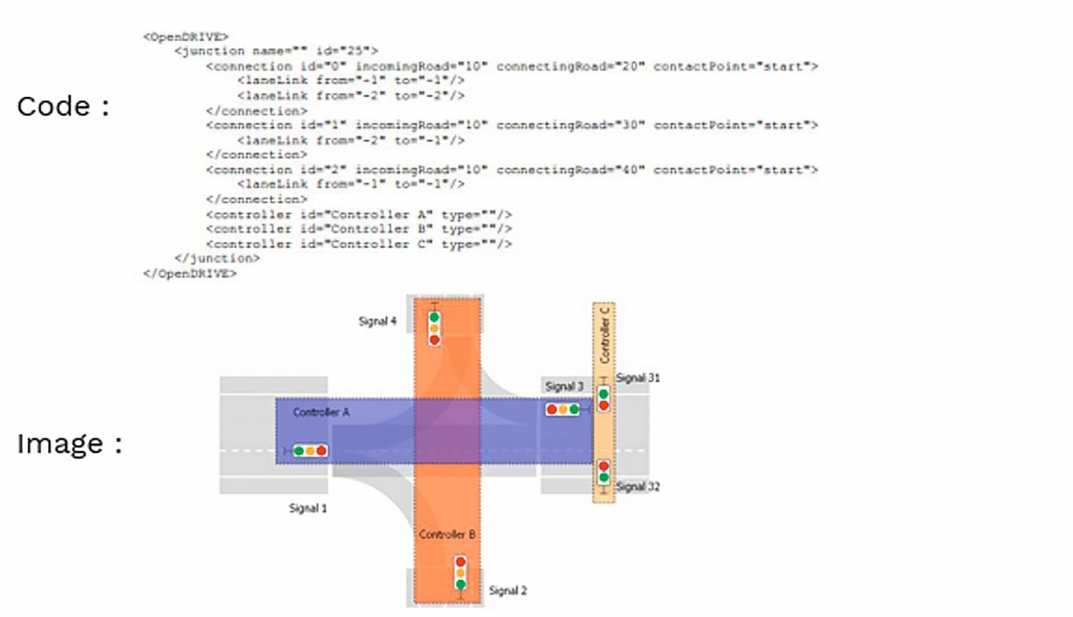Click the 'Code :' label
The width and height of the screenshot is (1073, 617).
[x=64, y=106]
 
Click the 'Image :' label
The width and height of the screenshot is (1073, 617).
[x=70, y=443]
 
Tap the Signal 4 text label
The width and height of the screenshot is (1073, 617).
[x=377, y=321]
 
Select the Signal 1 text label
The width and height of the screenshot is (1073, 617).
[x=308, y=508]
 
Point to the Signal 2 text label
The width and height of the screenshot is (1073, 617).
[x=508, y=590]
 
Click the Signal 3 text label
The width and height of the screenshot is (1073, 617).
[x=564, y=387]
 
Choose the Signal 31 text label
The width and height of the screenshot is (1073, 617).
[x=638, y=377]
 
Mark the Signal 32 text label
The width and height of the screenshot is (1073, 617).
[x=638, y=487]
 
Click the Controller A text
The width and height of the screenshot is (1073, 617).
[x=321, y=412]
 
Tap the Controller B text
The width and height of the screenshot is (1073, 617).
[x=448, y=534]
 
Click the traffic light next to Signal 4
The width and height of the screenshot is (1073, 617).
[x=434, y=328]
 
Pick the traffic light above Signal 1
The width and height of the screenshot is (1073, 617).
[x=310, y=451]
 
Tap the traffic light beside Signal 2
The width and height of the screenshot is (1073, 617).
[x=460, y=574]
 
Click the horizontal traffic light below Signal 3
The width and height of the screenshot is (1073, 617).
[x=563, y=409]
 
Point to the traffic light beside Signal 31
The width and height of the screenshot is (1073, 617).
[x=604, y=399]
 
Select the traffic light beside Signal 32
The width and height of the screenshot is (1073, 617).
[x=604, y=471]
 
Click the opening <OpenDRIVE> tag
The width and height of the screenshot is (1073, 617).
[x=186, y=36]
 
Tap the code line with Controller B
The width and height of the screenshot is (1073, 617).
[x=359, y=229]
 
